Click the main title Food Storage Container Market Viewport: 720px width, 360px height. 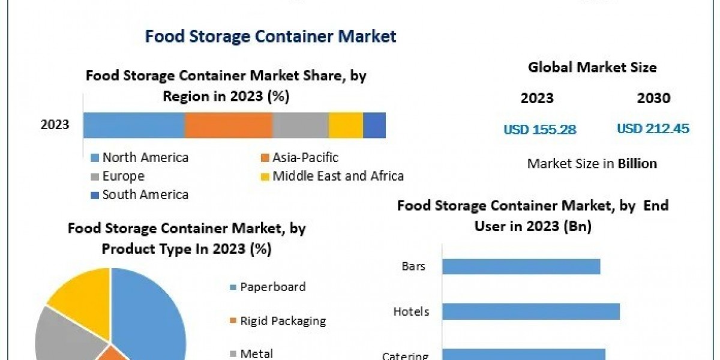(271, 37)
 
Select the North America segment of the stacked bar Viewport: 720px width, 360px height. (134, 125)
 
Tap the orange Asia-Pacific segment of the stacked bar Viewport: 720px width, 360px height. (228, 125)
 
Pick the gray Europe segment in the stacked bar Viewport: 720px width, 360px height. (300, 125)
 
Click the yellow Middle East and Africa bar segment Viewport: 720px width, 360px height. (346, 125)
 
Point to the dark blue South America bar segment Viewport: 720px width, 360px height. (374, 125)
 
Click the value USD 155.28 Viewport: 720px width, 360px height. (540, 129)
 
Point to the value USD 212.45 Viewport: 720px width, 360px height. (653, 128)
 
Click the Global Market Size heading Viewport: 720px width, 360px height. (592, 68)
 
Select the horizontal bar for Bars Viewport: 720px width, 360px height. (521, 266)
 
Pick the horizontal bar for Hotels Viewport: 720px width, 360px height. (531, 311)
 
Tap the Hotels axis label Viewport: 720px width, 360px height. (411, 311)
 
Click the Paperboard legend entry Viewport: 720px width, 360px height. (272, 287)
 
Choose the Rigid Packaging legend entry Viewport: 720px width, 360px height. (283, 321)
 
